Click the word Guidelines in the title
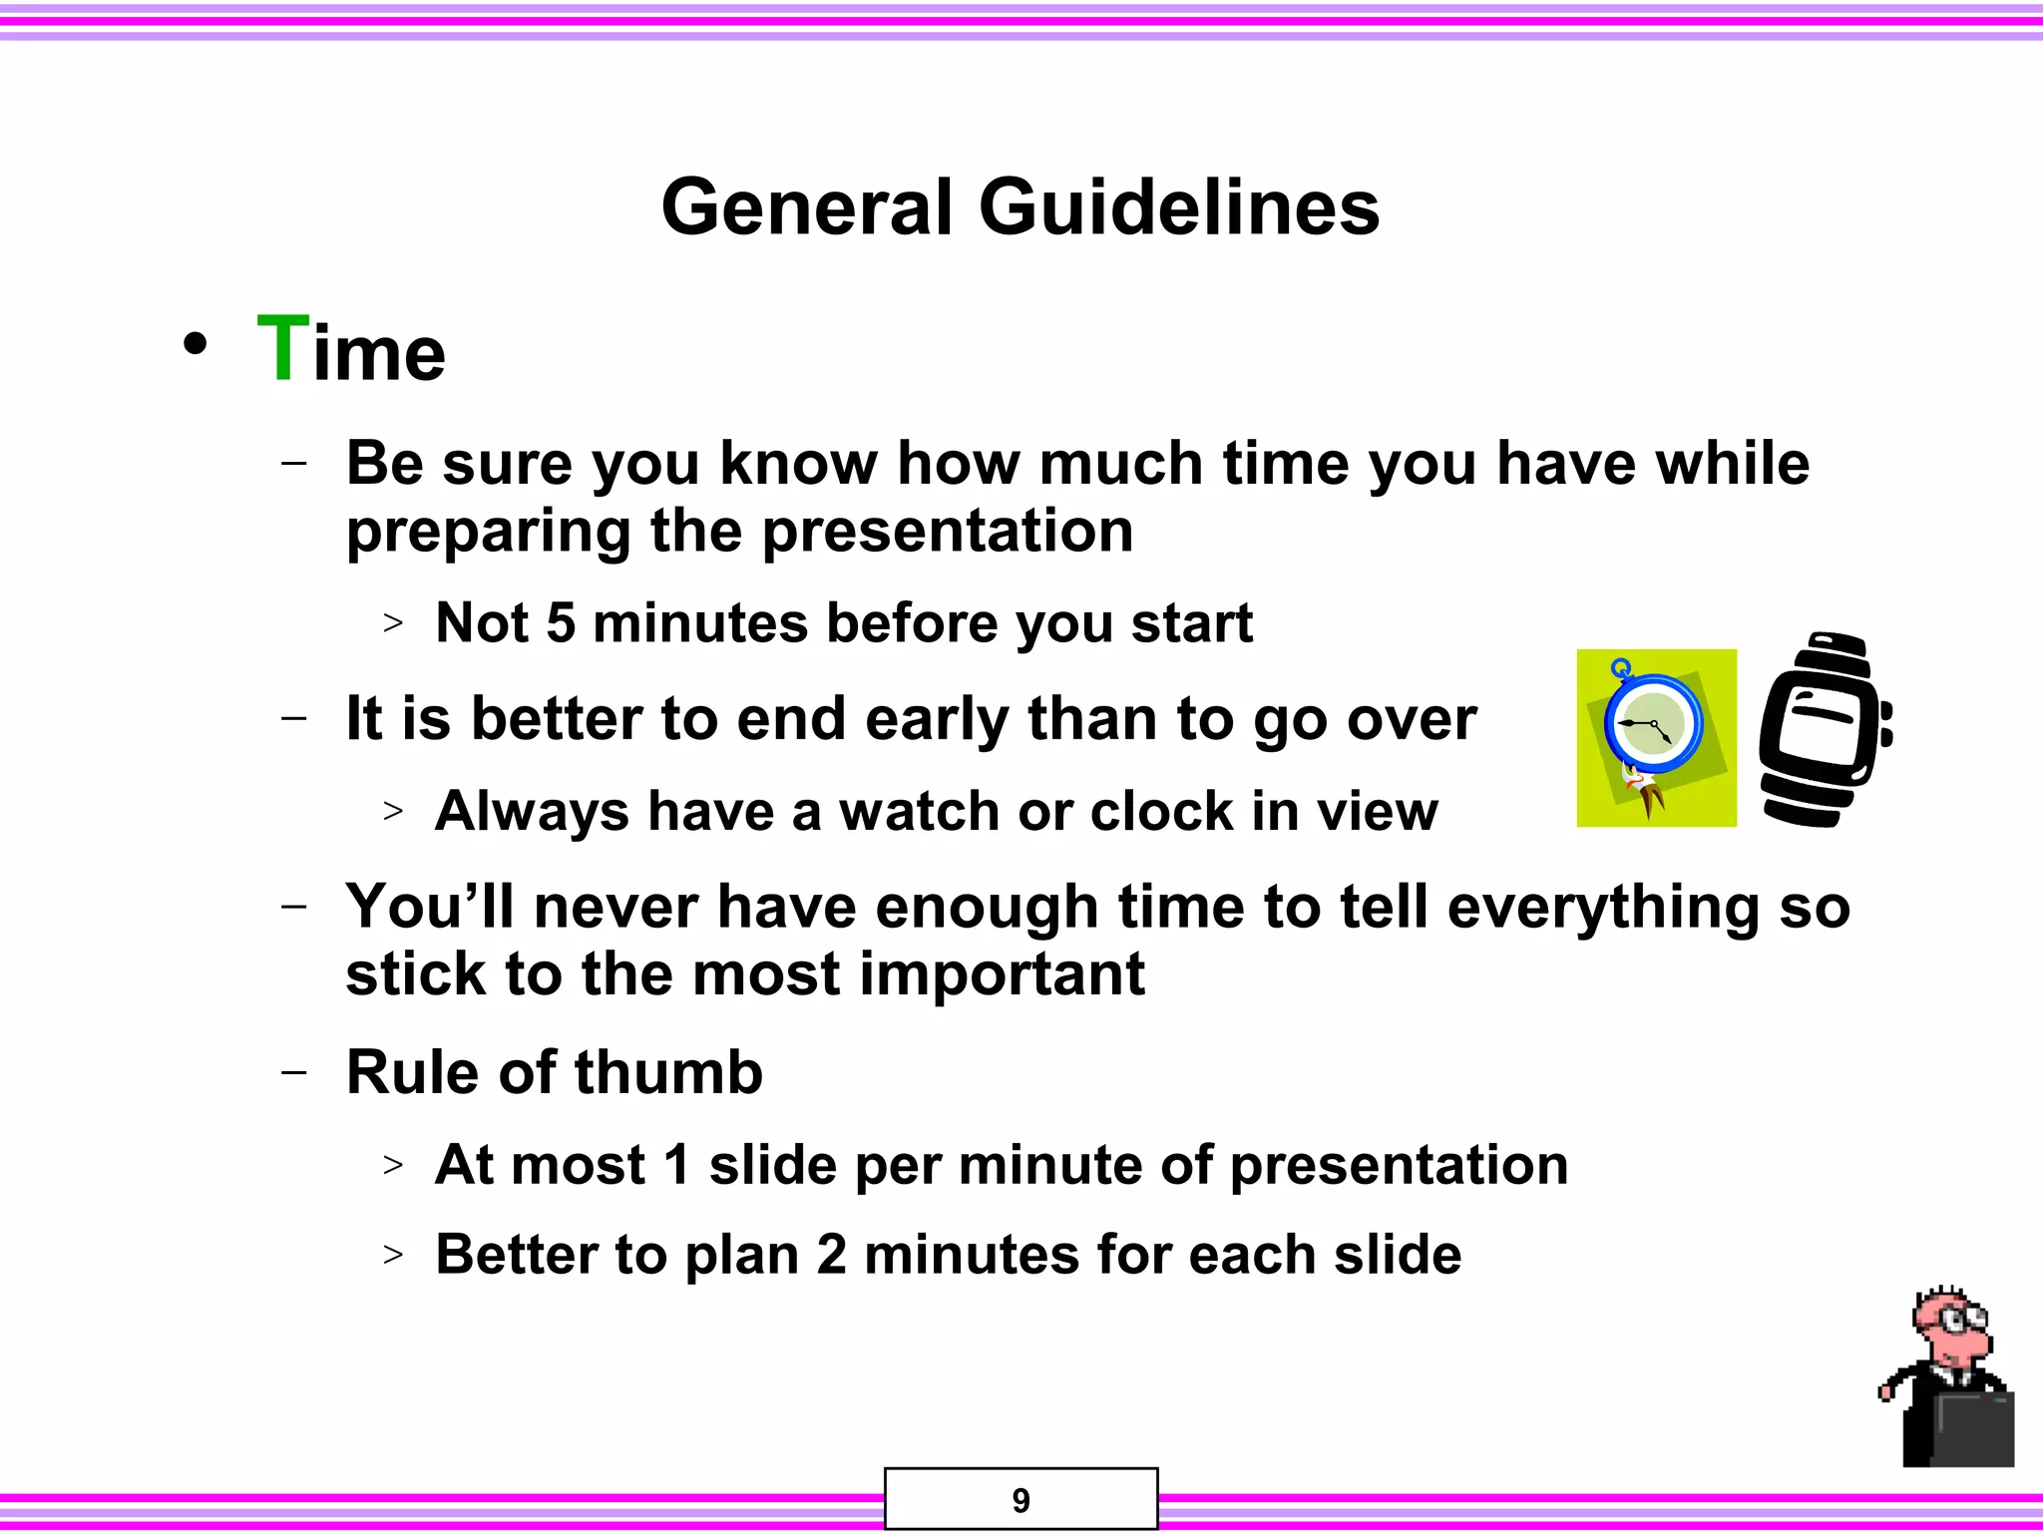[1179, 207]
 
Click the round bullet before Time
[196, 345]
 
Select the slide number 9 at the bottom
[1021, 1500]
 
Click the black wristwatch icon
[1824, 730]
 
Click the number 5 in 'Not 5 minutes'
[561, 623]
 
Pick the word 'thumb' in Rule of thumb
[667, 1073]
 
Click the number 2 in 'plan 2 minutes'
[831, 1255]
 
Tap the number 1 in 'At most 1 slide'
[676, 1165]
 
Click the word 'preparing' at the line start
[488, 532]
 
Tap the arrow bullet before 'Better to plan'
[393, 1254]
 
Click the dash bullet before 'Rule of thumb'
[294, 1072]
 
